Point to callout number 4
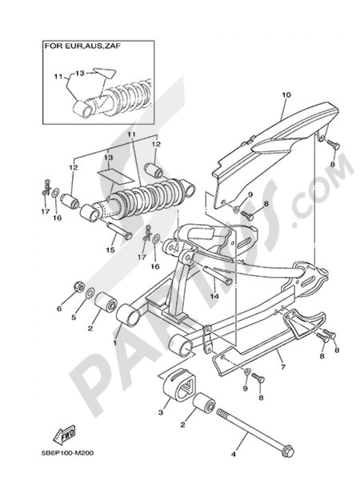[x=233, y=455]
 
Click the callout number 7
[x=283, y=367]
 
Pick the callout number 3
[x=161, y=411]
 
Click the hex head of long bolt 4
[x=289, y=452]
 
